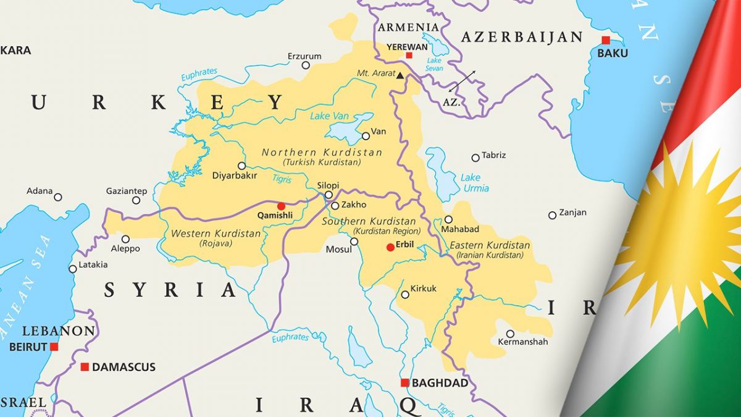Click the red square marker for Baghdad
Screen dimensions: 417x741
[x=404, y=383]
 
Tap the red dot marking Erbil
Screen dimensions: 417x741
[x=390, y=247]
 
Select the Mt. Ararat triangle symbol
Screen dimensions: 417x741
[x=400, y=75]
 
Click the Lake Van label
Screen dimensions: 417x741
[x=329, y=116]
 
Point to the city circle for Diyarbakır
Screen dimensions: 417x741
[x=241, y=166]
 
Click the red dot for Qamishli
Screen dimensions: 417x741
[x=281, y=206]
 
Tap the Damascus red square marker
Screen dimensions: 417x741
[x=85, y=367]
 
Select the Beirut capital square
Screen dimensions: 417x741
[x=54, y=347]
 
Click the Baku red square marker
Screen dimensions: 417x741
[x=606, y=40]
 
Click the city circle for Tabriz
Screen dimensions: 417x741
[x=475, y=158]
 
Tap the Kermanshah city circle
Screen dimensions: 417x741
[x=510, y=334]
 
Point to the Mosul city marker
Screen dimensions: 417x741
[x=354, y=242]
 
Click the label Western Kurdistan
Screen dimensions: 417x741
[x=216, y=234]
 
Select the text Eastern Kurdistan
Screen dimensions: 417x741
[x=489, y=245]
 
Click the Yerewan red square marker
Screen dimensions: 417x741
[x=409, y=55]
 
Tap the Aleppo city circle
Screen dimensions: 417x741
[x=125, y=239]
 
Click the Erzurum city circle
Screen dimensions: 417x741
[x=306, y=65]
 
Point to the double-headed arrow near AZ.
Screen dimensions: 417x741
[x=462, y=82]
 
